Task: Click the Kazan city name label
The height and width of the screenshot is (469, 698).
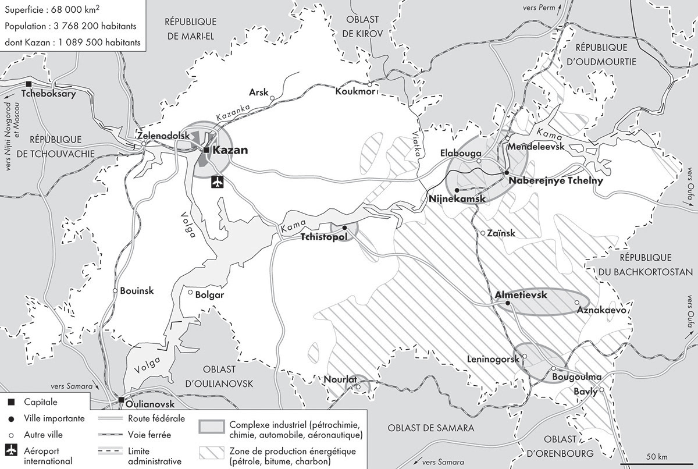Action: [x=230, y=150]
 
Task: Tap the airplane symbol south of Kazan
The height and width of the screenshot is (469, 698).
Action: [x=218, y=182]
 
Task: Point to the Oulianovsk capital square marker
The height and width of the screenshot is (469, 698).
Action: [x=121, y=400]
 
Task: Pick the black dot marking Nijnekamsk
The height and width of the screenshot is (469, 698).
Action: [x=457, y=190]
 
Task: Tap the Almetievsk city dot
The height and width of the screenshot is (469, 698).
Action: [x=508, y=303]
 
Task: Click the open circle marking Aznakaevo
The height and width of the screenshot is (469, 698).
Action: [x=576, y=303]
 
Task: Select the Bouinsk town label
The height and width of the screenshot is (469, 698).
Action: [x=137, y=291]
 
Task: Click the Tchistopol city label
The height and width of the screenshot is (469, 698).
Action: [x=324, y=237]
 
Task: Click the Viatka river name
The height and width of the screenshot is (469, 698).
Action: [x=420, y=143]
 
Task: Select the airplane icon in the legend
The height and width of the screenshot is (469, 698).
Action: [x=12, y=452]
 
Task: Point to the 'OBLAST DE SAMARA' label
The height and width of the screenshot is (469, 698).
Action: [x=431, y=428]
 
